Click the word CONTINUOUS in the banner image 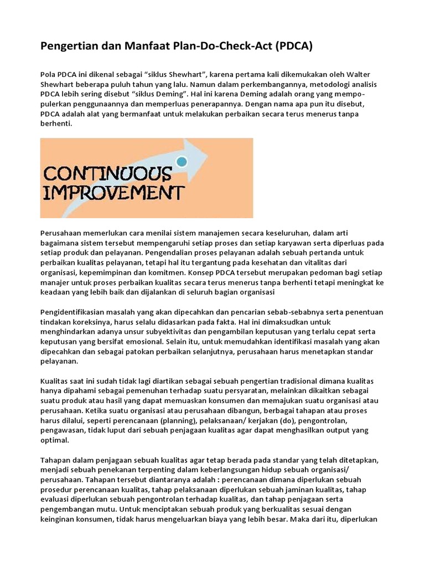tap(107, 174)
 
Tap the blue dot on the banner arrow tap(181, 162)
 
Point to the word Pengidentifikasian tap(75, 312)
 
